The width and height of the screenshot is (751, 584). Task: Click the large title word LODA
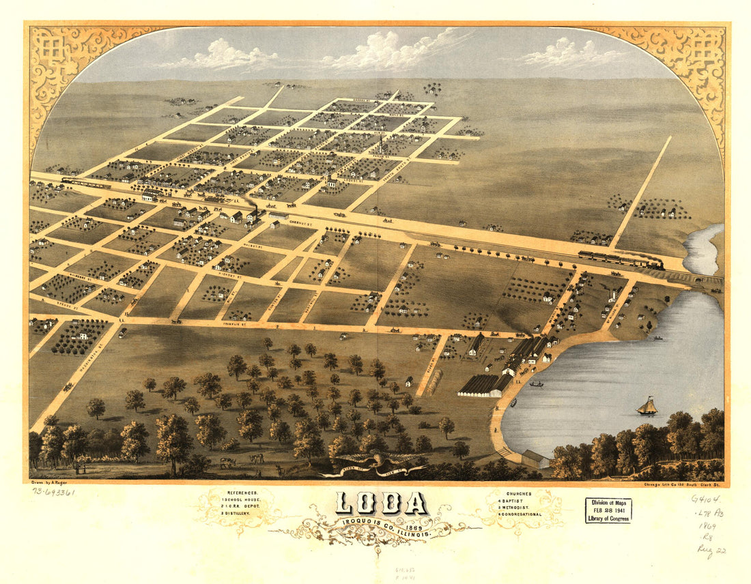tap(381, 503)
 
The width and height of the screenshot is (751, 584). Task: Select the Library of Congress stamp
tap(608, 510)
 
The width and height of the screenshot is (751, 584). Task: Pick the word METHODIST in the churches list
tap(523, 507)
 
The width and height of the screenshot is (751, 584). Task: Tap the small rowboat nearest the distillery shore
tap(537, 384)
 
